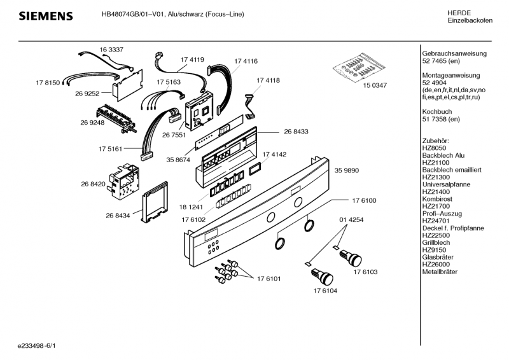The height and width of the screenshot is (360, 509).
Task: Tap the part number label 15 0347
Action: (374, 85)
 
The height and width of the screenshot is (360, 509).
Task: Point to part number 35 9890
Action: (347, 171)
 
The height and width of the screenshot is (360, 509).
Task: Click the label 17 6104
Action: (325, 291)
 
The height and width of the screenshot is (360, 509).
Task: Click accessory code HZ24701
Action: (437, 221)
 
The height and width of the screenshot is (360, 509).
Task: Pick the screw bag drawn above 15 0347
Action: (356, 67)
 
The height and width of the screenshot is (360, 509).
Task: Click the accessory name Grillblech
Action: (436, 242)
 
